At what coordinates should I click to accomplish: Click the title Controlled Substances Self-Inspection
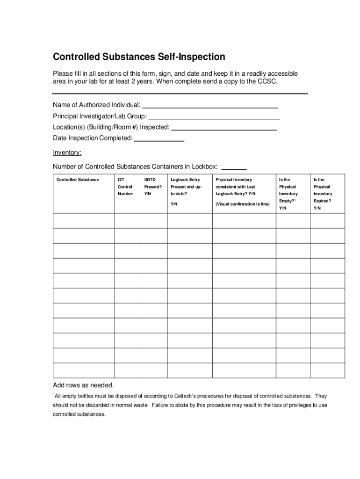[x=139, y=57]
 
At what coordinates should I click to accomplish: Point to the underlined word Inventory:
[x=67, y=152]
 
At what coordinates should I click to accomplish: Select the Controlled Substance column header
[x=78, y=180]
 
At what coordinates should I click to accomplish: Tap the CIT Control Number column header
[x=125, y=187]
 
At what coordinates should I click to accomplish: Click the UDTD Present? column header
[x=152, y=187]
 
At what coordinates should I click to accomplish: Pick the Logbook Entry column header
[x=185, y=180]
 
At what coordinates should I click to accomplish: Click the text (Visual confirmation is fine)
[x=243, y=204]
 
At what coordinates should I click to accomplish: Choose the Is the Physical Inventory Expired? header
[x=323, y=194]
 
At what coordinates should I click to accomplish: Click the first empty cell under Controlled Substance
[x=84, y=221]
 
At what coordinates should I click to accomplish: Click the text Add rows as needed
[x=83, y=385]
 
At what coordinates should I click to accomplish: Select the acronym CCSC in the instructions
[x=267, y=81]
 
